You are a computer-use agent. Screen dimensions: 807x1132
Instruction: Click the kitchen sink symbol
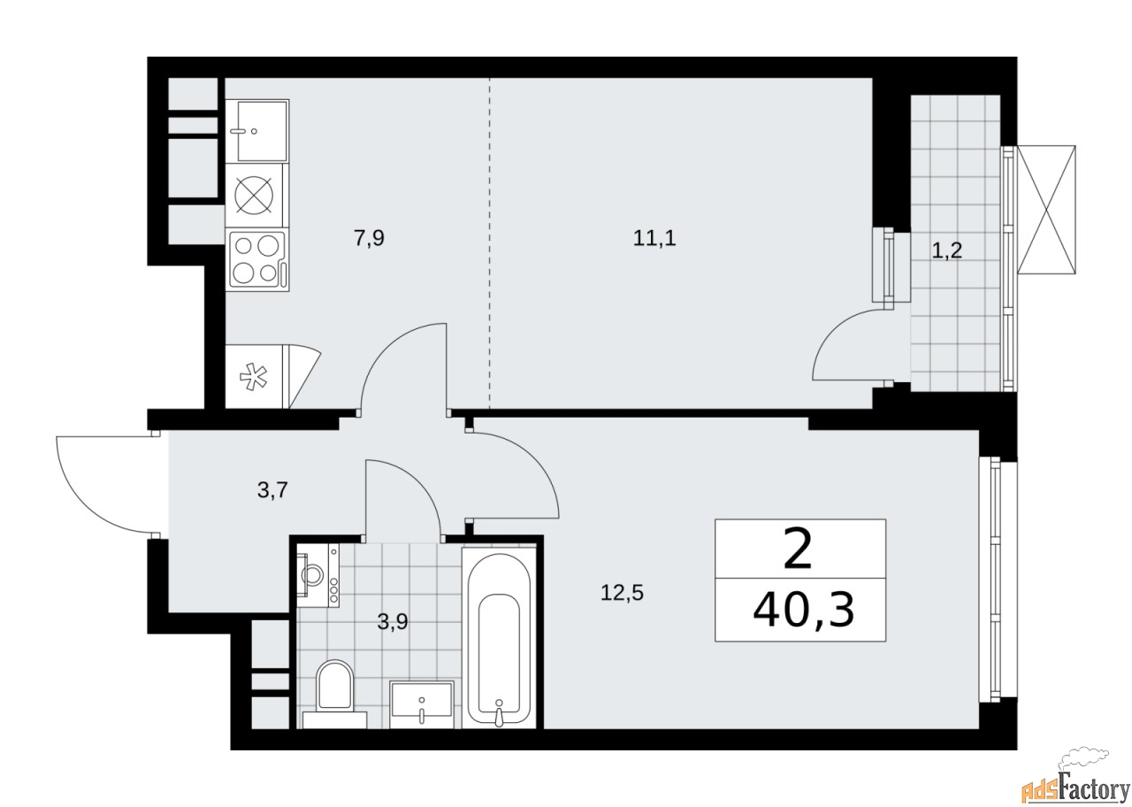256,130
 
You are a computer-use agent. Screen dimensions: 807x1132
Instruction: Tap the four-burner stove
257,259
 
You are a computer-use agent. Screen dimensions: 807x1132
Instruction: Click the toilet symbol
334,690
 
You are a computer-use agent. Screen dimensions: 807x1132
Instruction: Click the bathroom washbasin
422,703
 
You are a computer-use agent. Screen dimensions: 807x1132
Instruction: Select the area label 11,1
654,238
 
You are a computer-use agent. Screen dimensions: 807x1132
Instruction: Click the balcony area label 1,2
946,250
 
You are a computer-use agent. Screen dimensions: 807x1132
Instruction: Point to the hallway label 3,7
271,490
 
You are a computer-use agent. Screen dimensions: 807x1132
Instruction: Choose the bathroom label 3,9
393,621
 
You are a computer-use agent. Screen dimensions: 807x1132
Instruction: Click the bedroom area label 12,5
622,593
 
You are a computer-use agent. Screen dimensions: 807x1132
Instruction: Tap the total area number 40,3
803,610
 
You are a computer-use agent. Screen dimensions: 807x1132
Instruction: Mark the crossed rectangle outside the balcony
1047,210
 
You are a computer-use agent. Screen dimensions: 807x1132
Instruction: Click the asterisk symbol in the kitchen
252,378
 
